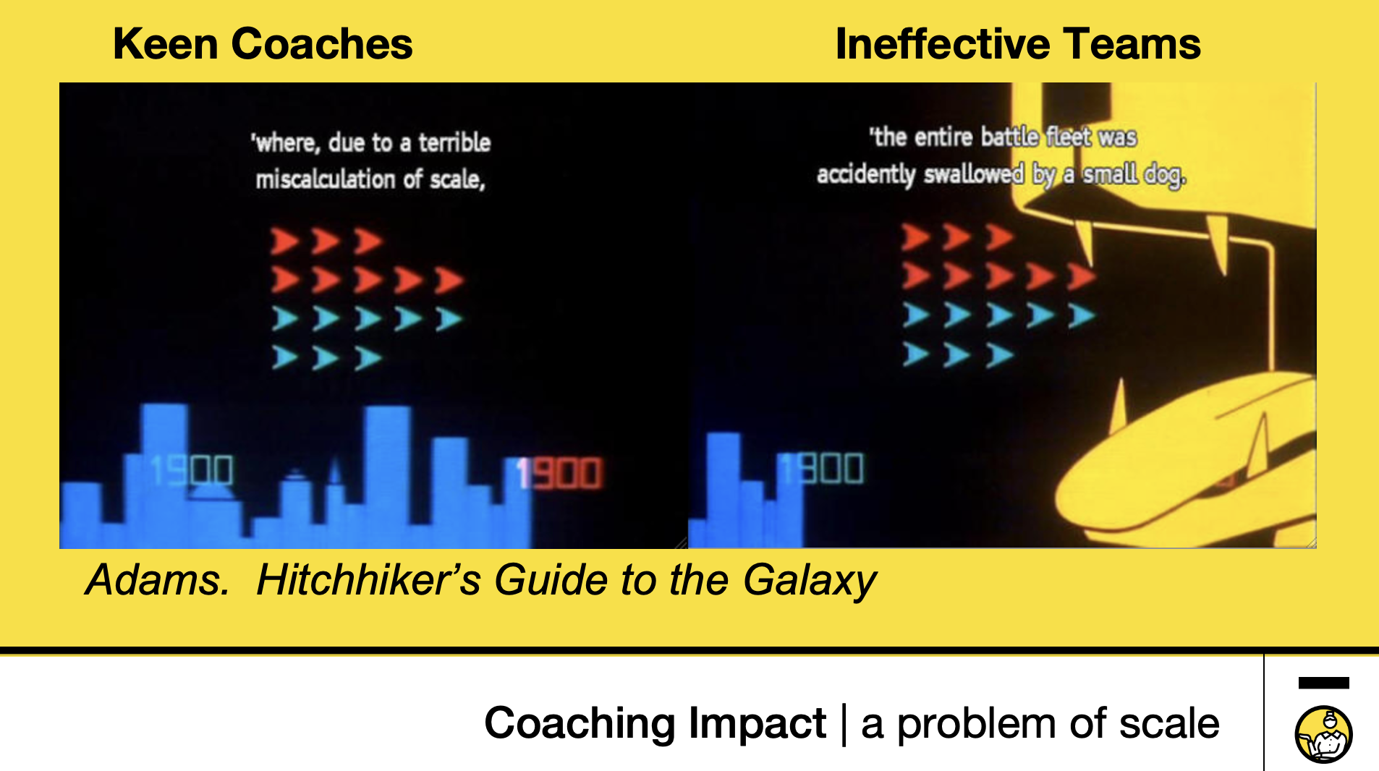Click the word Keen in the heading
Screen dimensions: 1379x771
(x=166, y=44)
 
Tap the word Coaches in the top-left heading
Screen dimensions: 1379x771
(x=322, y=44)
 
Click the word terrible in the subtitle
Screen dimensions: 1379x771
(x=454, y=142)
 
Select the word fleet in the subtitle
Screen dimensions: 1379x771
(x=1069, y=137)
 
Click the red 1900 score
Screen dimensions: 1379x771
(x=559, y=474)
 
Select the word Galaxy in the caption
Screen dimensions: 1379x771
(x=810, y=581)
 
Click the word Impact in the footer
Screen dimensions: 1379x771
(x=758, y=723)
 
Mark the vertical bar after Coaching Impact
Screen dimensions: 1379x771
(x=844, y=725)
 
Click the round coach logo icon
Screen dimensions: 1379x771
(x=1323, y=735)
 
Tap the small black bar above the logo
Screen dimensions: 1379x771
(x=1324, y=683)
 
